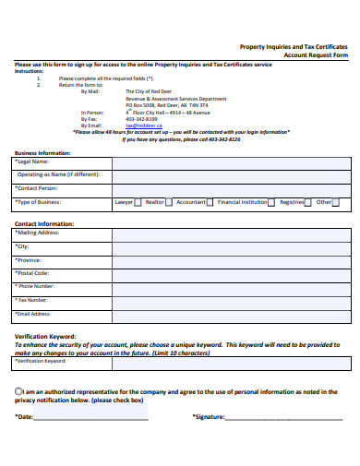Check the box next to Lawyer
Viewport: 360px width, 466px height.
pyautogui.click(x=138, y=201)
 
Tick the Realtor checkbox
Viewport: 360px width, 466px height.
pyautogui.click(x=170, y=201)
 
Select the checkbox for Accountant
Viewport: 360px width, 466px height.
pyautogui.click(x=210, y=201)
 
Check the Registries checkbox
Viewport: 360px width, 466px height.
pyautogui.click(x=308, y=201)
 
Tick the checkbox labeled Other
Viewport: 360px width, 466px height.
pyautogui.click(x=335, y=201)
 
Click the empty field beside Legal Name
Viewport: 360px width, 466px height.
pyautogui.click(x=231, y=161)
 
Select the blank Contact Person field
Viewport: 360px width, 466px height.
pyautogui.click(x=231, y=187)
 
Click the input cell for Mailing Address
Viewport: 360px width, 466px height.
pyautogui.click(x=231, y=234)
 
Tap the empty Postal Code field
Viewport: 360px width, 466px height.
pyautogui.click(x=231, y=274)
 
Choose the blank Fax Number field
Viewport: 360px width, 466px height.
pyautogui.click(x=231, y=300)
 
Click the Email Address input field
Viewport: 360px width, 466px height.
pyautogui.click(x=231, y=314)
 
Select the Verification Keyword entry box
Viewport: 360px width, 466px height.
pyautogui.click(x=231, y=361)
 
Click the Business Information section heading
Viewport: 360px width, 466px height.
pyautogui.click(x=42, y=151)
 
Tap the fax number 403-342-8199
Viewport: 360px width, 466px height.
pyautogui.click(x=141, y=119)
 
